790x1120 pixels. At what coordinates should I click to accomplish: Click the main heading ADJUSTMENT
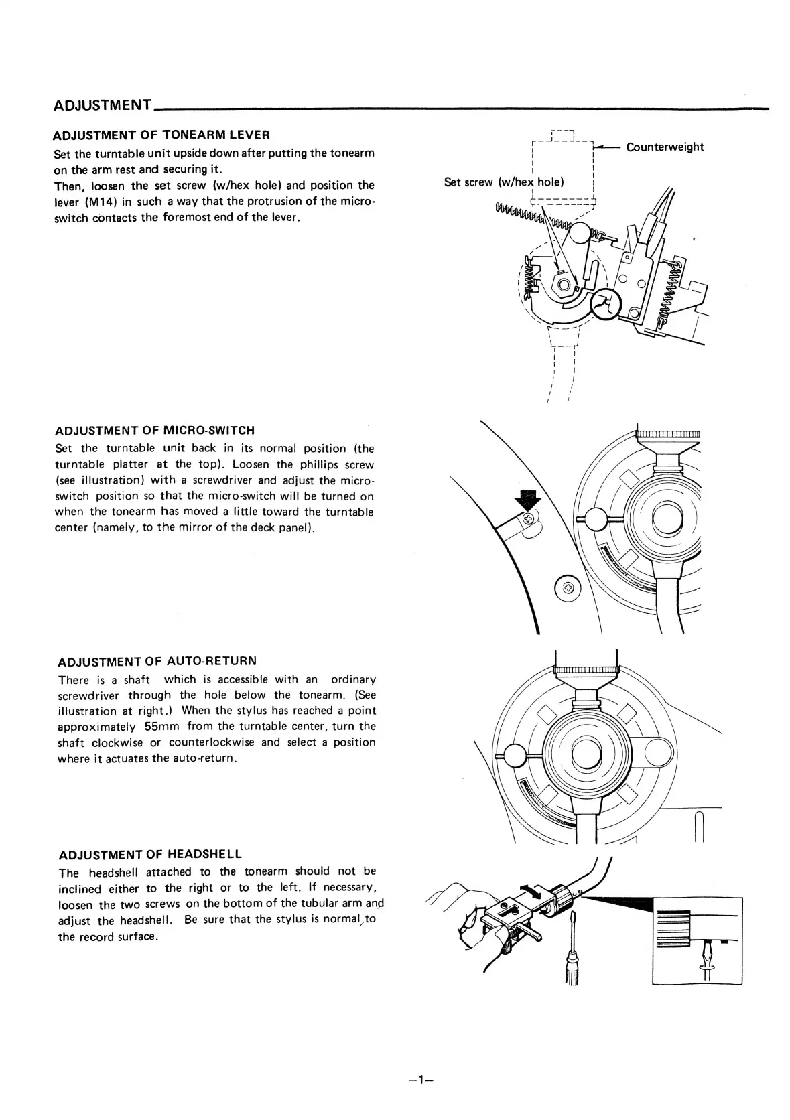[x=102, y=105]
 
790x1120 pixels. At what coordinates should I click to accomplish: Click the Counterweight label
[x=665, y=147]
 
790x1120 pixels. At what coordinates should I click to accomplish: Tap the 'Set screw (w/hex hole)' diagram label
[x=504, y=182]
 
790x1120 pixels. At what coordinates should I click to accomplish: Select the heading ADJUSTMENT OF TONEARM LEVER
[x=161, y=135]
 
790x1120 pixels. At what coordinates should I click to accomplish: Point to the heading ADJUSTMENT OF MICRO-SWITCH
[x=155, y=430]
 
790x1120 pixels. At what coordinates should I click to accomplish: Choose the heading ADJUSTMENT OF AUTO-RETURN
[x=157, y=662]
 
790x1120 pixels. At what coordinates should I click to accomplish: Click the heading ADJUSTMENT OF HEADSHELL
[x=150, y=855]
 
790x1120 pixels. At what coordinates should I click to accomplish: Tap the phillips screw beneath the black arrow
[x=529, y=518]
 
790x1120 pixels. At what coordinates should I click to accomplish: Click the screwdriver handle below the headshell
[x=572, y=971]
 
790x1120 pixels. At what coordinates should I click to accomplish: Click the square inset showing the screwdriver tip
[x=697, y=940]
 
